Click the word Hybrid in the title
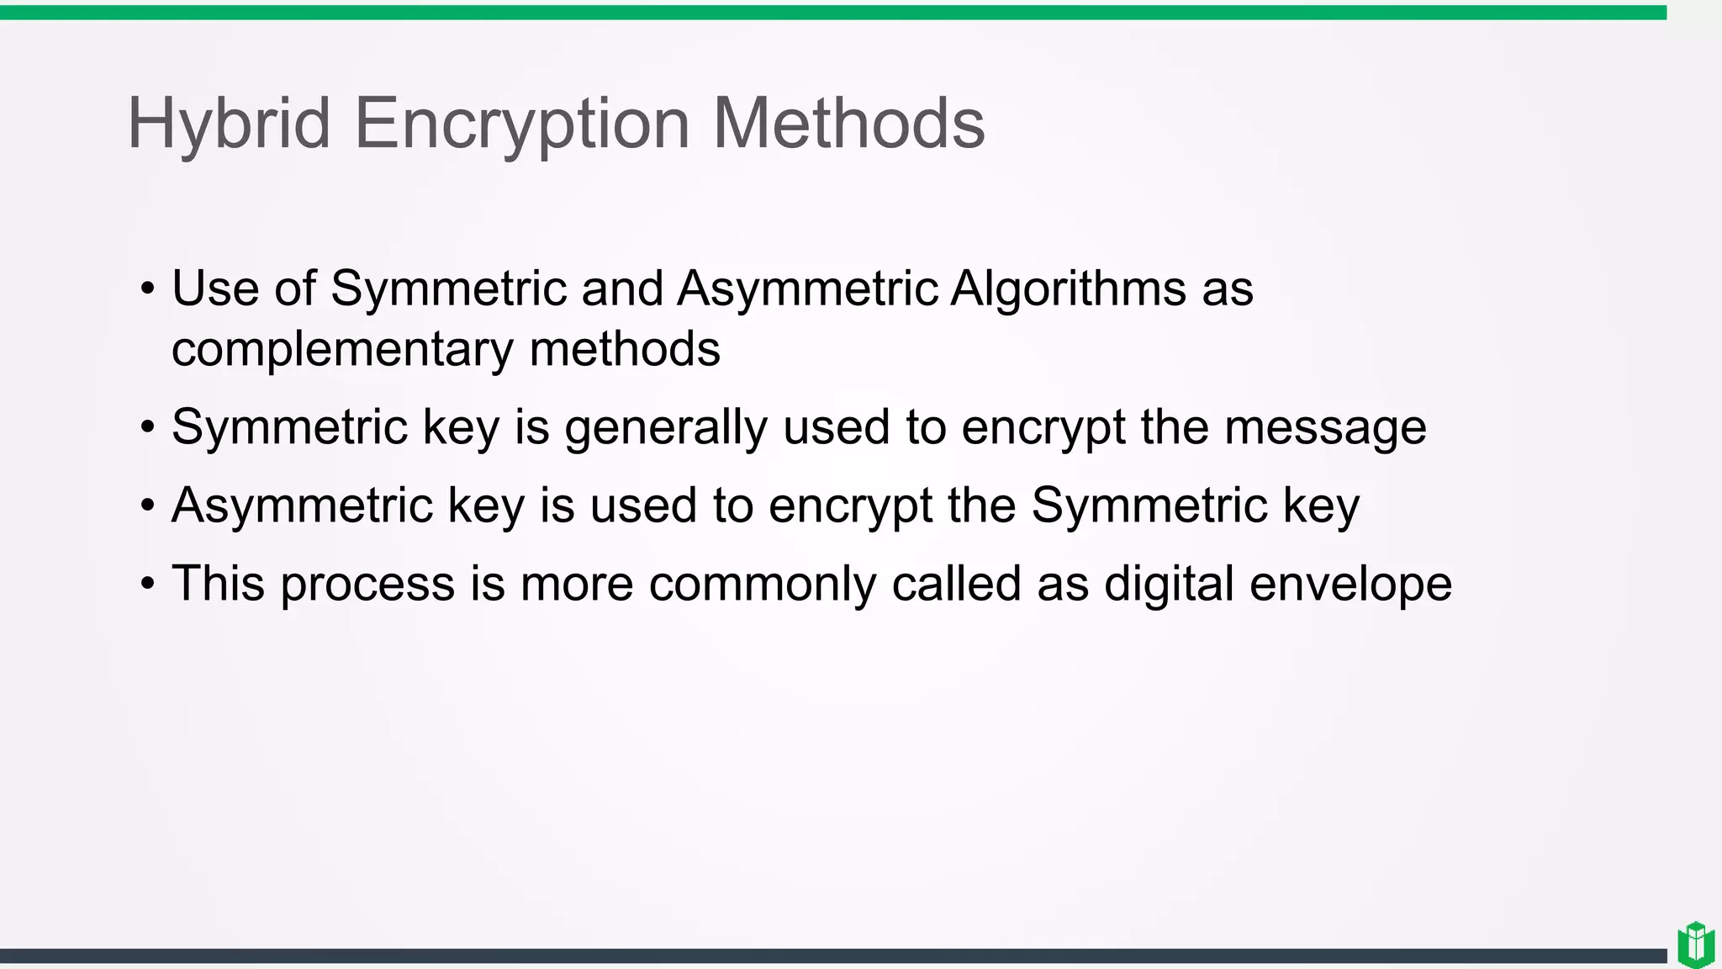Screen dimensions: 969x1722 point(229,124)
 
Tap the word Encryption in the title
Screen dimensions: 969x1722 point(522,124)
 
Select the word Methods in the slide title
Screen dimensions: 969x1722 point(848,124)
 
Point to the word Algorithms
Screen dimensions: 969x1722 point(1068,289)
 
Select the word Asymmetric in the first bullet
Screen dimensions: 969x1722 point(807,289)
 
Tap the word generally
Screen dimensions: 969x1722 point(666,428)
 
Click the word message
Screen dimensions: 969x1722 point(1325,428)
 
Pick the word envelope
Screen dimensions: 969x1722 point(1350,585)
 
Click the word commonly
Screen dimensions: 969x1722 point(762,585)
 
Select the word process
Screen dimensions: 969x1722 point(367,585)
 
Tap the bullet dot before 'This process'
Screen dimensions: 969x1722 point(148,584)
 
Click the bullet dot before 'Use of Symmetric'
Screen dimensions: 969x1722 point(148,289)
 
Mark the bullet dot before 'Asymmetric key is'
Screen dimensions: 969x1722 point(148,506)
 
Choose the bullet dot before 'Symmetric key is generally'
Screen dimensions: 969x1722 point(148,427)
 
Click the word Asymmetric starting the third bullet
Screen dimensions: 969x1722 point(302,506)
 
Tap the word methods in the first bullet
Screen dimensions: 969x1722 point(625,350)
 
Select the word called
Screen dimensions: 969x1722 point(956,585)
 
